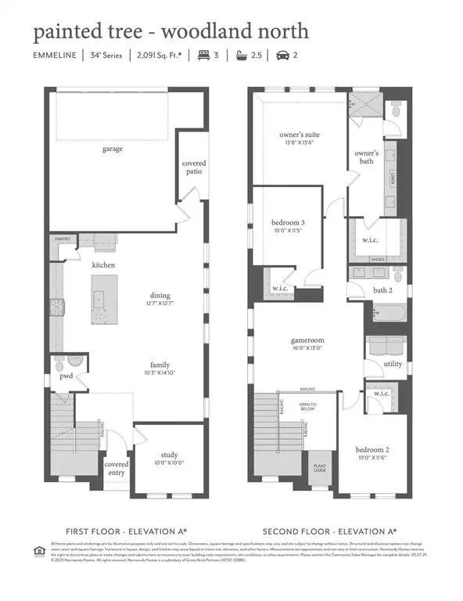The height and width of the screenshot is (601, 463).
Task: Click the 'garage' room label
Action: click(113, 148)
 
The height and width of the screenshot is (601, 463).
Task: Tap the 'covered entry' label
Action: click(117, 468)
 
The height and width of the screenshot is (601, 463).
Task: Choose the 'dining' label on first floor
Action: click(160, 296)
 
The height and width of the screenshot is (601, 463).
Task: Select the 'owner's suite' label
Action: click(300, 135)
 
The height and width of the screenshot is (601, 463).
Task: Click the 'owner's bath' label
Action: click(366, 157)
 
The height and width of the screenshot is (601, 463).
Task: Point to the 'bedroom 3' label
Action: click(288, 222)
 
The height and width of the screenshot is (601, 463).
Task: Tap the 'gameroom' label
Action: click(306, 341)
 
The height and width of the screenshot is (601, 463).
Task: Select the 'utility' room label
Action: click(393, 365)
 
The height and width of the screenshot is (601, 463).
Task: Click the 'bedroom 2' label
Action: click(372, 451)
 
